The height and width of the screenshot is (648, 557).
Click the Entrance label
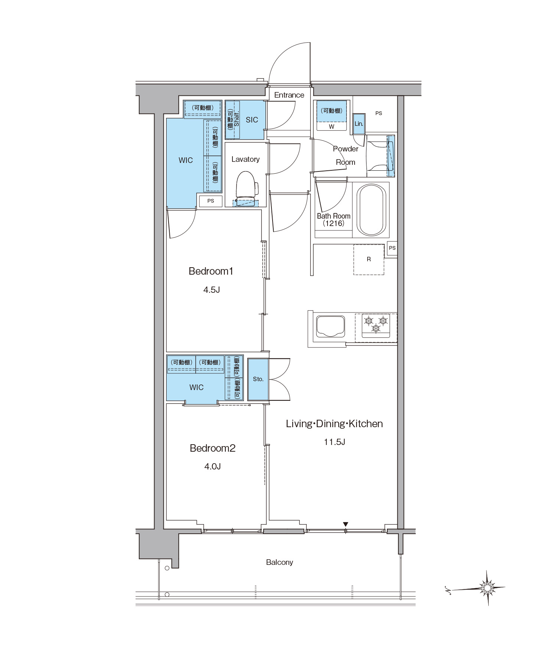pyautogui.click(x=289, y=95)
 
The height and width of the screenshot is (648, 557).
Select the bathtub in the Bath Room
pyautogui.click(x=371, y=210)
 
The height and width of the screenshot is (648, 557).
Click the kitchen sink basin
pyautogui.click(x=330, y=326)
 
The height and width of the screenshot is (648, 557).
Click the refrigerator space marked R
pyautogui.click(x=369, y=259)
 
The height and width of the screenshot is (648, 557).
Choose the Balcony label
pyautogui.click(x=279, y=562)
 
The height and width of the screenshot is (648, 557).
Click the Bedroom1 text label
pyautogui.click(x=211, y=271)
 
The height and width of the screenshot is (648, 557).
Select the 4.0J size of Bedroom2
pyautogui.click(x=212, y=467)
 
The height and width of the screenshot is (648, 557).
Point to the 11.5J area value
pyautogui.click(x=335, y=442)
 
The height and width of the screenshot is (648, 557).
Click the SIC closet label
pyautogui.click(x=252, y=120)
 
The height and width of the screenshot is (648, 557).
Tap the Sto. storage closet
pyautogui.click(x=258, y=379)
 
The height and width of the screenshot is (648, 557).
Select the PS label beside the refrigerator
pyautogui.click(x=392, y=248)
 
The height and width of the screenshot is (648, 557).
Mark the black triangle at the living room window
pyautogui.click(x=346, y=524)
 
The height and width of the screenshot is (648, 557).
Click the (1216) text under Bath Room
pyautogui.click(x=333, y=223)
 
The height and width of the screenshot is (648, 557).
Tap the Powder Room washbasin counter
pyautogui.click(x=381, y=156)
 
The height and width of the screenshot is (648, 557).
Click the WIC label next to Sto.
pyautogui.click(x=196, y=387)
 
